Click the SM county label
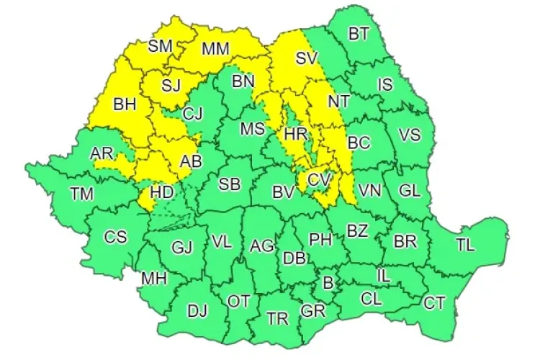coord(160,47)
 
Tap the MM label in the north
coord(215,49)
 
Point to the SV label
coord(306,58)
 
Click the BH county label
coord(125,104)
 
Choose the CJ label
coord(192,113)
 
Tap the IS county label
coord(385,84)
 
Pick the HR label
coord(296,135)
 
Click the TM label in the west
coord(81,193)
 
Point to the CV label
coord(318,179)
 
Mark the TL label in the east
coord(465,245)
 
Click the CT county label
coord(434,303)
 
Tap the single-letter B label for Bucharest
coord(328,284)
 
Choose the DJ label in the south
coord(197,311)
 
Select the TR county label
coord(277,318)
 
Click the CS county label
coord(115,237)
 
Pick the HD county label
coord(161,193)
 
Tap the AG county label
coord(262,246)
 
